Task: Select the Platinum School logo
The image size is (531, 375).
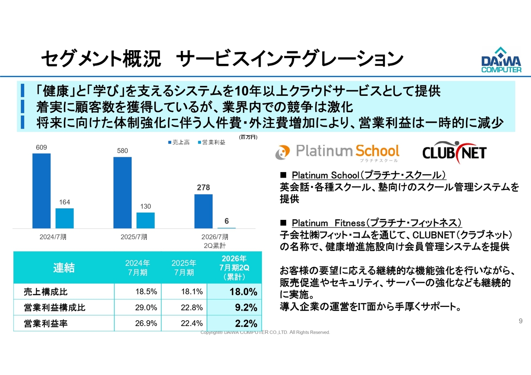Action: [337, 152]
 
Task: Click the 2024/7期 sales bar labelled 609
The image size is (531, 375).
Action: [41, 191]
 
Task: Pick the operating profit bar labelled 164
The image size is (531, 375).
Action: [65, 218]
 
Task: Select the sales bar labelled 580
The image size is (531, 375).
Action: [122, 192]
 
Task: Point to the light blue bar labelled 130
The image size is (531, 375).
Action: [146, 220]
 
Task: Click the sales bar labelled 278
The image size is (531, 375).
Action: [203, 211]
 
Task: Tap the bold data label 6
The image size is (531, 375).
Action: [227, 222]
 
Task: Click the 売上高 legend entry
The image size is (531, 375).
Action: [179, 142]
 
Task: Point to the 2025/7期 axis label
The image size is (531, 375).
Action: [134, 237]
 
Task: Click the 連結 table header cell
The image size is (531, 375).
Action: [64, 268]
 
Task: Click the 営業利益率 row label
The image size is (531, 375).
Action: [46, 323]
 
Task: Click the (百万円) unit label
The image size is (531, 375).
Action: [248, 136]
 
